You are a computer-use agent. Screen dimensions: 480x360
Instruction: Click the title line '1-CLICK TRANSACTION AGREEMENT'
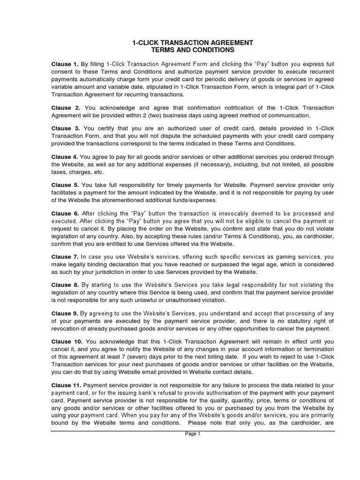click(x=193, y=43)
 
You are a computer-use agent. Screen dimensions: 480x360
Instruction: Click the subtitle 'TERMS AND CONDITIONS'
click(x=193, y=50)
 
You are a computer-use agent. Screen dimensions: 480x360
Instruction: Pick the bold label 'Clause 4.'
click(x=65, y=157)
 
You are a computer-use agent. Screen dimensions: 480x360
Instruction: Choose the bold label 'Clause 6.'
click(x=65, y=213)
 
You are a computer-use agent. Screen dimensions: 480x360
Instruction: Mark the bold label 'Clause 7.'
click(x=65, y=257)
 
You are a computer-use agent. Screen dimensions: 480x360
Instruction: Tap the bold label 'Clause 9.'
click(x=65, y=314)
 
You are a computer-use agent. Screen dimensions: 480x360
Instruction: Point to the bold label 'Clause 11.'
click(x=67, y=386)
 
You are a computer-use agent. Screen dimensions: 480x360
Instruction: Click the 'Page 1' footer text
click(x=193, y=434)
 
